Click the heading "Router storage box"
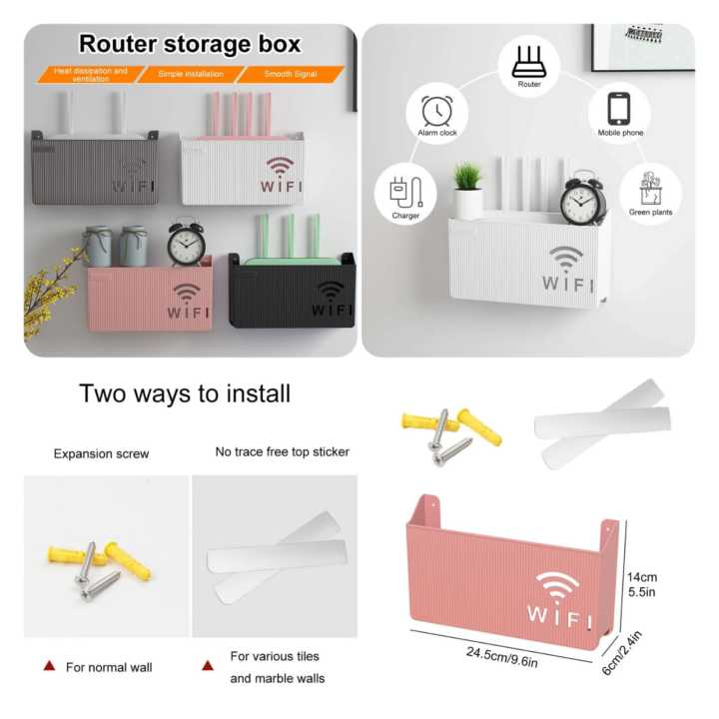(x=190, y=45)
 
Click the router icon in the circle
(x=529, y=63)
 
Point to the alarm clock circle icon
(x=437, y=112)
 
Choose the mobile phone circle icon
(x=619, y=111)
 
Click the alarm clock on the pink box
(x=186, y=243)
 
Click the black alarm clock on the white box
(x=583, y=201)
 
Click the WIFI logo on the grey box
(x=133, y=177)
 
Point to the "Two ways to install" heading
(x=185, y=393)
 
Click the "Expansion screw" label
(x=101, y=453)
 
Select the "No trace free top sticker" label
(x=283, y=451)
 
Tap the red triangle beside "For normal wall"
(x=48, y=666)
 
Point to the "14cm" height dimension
(x=641, y=577)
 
